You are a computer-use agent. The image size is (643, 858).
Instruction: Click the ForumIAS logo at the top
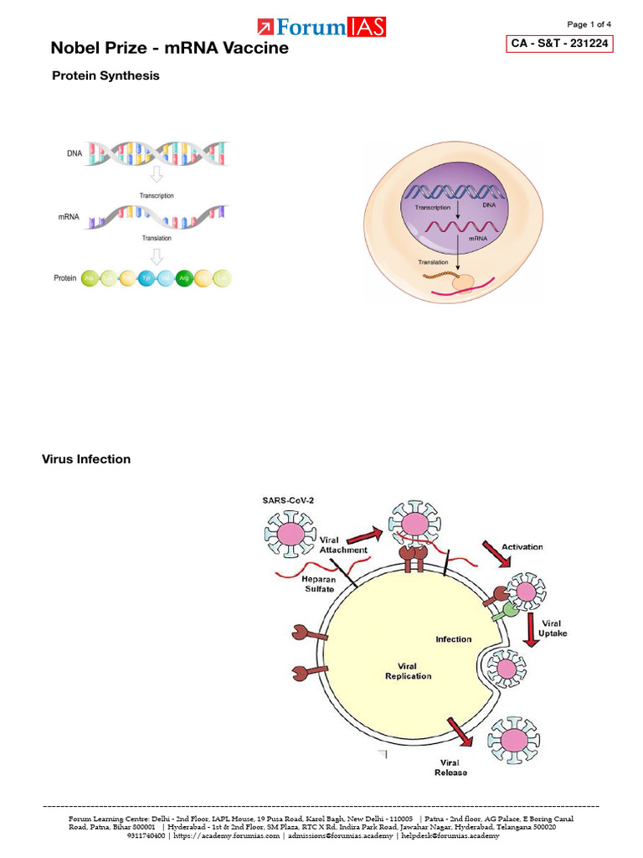pyautogui.click(x=321, y=27)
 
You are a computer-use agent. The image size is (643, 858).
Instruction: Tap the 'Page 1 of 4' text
pyautogui.click(x=589, y=23)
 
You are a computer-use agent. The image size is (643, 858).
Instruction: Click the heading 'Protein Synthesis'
pyautogui.click(x=105, y=75)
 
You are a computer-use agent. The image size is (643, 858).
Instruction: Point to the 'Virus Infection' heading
pyautogui.click(x=86, y=459)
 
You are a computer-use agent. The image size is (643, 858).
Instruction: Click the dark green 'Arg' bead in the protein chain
pyautogui.click(x=183, y=278)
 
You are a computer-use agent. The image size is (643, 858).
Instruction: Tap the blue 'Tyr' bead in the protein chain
pyautogui.click(x=147, y=278)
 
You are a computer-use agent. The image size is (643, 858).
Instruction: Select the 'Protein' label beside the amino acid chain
pyautogui.click(x=65, y=278)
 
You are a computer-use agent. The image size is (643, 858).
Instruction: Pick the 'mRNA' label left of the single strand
pyautogui.click(x=69, y=216)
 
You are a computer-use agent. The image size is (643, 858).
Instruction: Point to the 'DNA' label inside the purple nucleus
pyautogui.click(x=489, y=204)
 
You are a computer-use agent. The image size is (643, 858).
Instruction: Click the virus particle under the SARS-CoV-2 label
pyautogui.click(x=288, y=534)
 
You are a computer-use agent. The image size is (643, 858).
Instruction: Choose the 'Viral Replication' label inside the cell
pyautogui.click(x=408, y=670)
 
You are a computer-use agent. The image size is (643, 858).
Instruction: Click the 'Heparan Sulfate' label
pyautogui.click(x=314, y=583)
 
